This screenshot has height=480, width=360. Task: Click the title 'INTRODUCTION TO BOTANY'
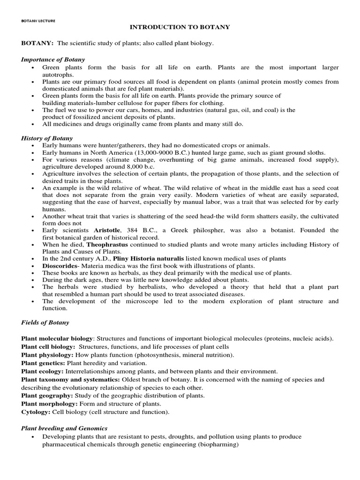[x=180, y=27]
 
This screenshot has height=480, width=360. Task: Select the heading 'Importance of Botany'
[x=53, y=59]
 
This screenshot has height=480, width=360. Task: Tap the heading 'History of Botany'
[x=47, y=138]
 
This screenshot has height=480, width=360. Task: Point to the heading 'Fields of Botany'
[x=45, y=322]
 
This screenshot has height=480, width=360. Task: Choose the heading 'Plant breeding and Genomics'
[x=64, y=428]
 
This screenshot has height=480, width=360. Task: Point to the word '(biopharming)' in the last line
[x=217, y=444]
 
